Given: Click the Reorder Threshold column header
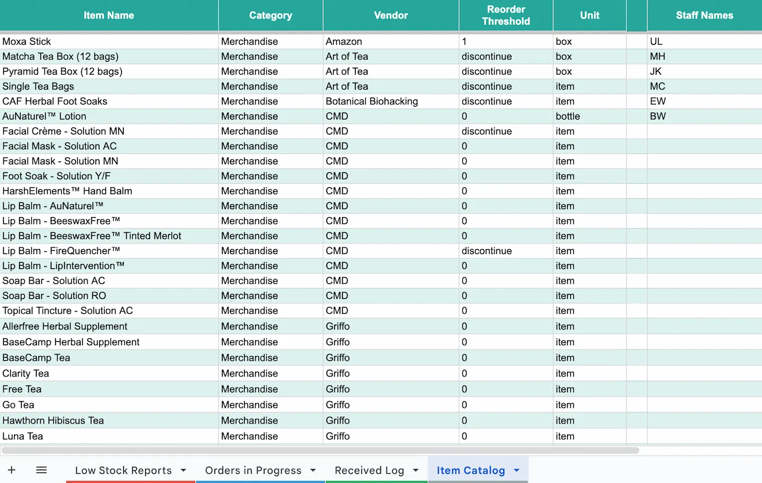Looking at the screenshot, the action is pos(505,15).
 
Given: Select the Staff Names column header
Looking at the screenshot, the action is pos(704,15).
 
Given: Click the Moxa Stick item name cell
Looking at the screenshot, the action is pos(27,42).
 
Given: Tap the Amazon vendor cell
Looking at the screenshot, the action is pos(343,42).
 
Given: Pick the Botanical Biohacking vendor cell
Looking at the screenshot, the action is pos(371,102).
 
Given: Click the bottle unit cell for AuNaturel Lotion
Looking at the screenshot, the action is pos(568,117).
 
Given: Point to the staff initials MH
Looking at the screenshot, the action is pos(657,57).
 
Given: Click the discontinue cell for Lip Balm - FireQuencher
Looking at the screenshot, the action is pos(486,251).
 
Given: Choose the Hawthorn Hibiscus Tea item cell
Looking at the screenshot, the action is pos(53,421).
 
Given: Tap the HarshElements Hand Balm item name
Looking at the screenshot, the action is pos(67,191).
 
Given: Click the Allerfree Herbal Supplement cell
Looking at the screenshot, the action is pos(65,326).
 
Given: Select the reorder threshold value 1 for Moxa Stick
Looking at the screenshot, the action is pos(464,42).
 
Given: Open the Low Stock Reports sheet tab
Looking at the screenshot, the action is pos(123,471).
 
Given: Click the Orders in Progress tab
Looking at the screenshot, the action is pos(253,471).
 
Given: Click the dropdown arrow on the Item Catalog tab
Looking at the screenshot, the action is pos(517,471).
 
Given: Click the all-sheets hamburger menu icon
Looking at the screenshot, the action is pos(41,470).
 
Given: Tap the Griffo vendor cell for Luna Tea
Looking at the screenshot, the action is pos(337,436).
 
